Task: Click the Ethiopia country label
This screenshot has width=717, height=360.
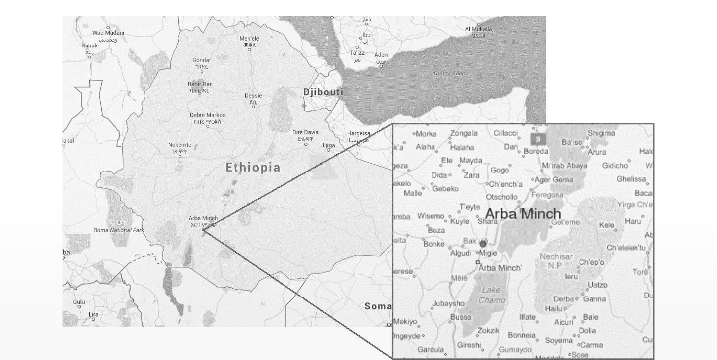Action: pyautogui.click(x=253, y=168)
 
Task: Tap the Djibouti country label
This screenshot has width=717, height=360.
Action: pyautogui.click(x=323, y=92)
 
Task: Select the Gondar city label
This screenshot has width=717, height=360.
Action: pyautogui.click(x=202, y=60)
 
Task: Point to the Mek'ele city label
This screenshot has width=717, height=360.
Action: pyautogui.click(x=249, y=39)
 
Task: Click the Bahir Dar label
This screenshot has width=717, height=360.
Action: pyautogui.click(x=199, y=84)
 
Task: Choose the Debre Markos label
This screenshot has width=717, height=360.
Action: pyautogui.click(x=208, y=115)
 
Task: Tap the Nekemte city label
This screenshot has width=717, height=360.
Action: pyautogui.click(x=180, y=145)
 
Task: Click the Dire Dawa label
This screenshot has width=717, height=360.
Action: pyautogui.click(x=305, y=132)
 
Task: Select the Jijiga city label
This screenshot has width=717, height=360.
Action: pyautogui.click(x=328, y=145)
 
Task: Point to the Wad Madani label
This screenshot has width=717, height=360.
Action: pyautogui.click(x=108, y=33)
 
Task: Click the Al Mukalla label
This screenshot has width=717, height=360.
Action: pyautogui.click(x=478, y=29)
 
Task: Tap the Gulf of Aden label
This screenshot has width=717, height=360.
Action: pyautogui.click(x=449, y=73)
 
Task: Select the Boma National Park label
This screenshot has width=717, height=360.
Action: pyautogui.click(x=119, y=230)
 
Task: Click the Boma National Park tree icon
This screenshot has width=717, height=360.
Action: pyautogui.click(x=119, y=222)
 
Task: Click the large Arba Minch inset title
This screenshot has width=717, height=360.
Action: pyautogui.click(x=523, y=214)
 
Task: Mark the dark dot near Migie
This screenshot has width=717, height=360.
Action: pyautogui.click(x=483, y=244)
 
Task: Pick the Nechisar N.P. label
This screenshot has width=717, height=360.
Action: pyautogui.click(x=556, y=261)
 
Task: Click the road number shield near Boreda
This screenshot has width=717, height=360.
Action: pyautogui.click(x=538, y=139)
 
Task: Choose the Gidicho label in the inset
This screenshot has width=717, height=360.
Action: pyautogui.click(x=615, y=166)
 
